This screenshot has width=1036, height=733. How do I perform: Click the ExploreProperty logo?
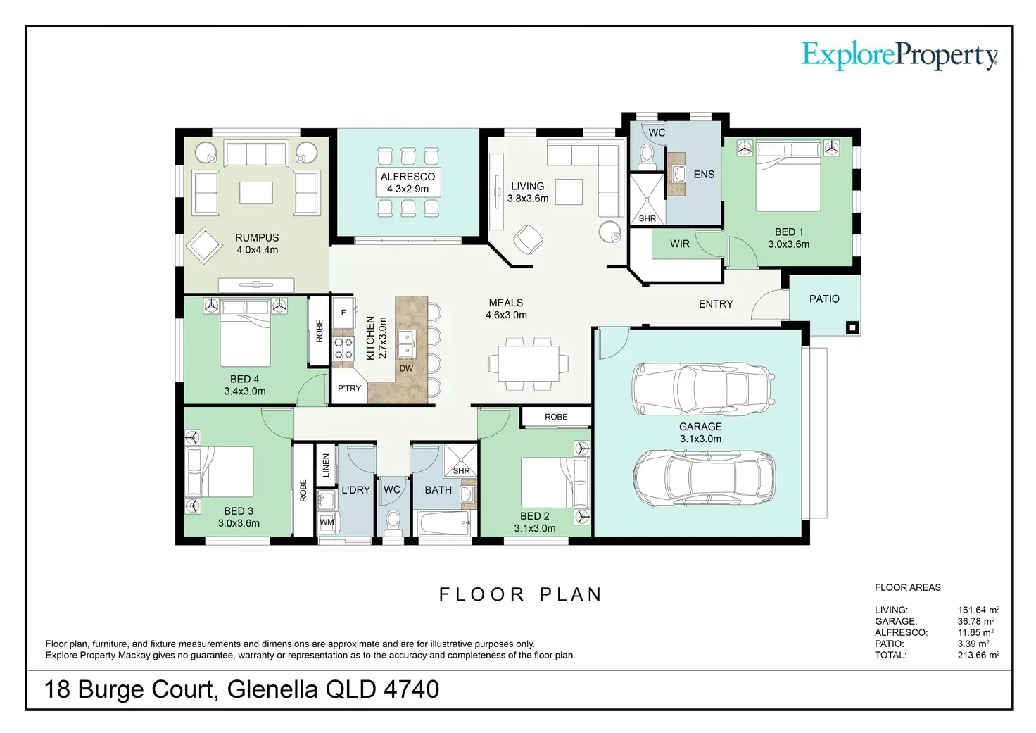pyautogui.click(x=899, y=56)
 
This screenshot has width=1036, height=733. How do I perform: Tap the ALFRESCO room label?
pyautogui.click(x=408, y=177)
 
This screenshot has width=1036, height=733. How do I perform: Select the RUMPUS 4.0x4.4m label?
pyautogui.click(x=257, y=244)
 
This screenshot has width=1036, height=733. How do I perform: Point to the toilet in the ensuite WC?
pyautogui.click(x=646, y=156)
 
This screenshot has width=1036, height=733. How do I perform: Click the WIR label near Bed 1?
pyautogui.click(x=679, y=244)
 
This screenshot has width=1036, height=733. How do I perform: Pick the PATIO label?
pyautogui.click(x=824, y=299)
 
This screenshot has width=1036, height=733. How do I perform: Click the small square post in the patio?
pyautogui.click(x=852, y=328)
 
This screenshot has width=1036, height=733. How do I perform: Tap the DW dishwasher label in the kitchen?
pyautogui.click(x=406, y=368)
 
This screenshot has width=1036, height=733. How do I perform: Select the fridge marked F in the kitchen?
pyautogui.click(x=343, y=313)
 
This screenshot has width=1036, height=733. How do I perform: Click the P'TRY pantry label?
pyautogui.click(x=349, y=388)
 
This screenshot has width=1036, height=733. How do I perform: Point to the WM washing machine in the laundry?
pyautogui.click(x=327, y=522)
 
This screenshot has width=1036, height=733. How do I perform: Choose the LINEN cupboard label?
pyautogui.click(x=326, y=465)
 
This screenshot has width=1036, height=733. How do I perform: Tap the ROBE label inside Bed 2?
pyautogui.click(x=556, y=417)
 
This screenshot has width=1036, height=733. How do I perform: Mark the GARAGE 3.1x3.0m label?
pyautogui.click(x=700, y=432)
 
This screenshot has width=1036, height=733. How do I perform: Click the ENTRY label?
pyautogui.click(x=716, y=304)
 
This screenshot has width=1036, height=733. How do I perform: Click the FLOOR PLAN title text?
pyautogui.click(x=520, y=594)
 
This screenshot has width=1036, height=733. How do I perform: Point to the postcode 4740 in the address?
pyautogui.click(x=411, y=689)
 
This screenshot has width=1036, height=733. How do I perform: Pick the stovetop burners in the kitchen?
pyautogui.click(x=343, y=349)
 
